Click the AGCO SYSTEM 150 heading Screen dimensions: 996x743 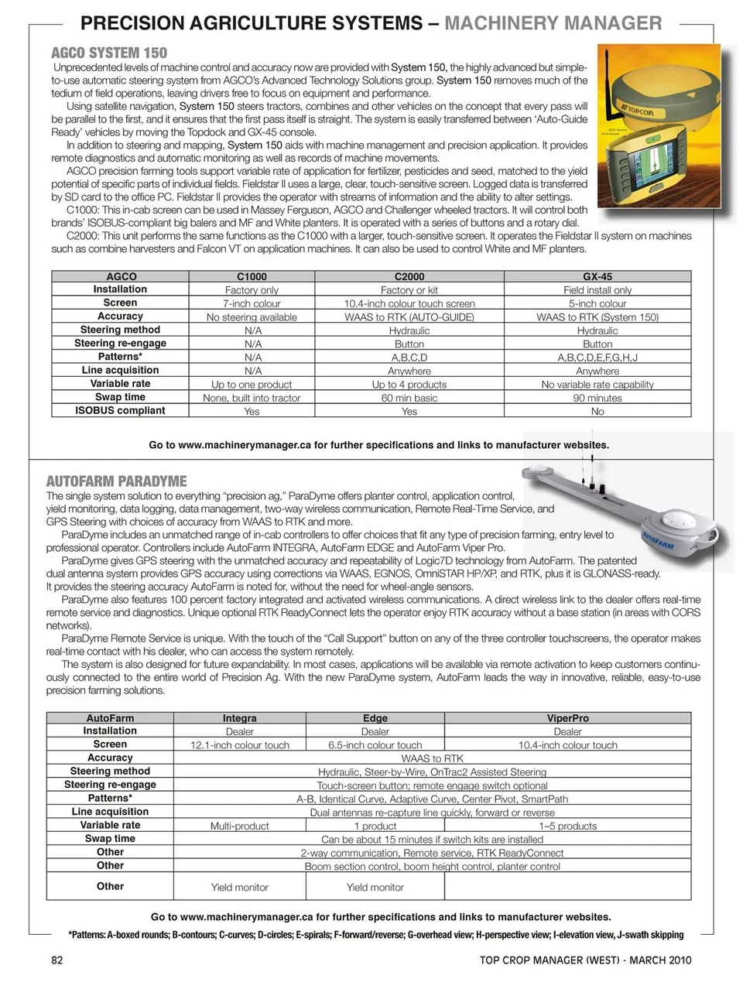tap(108, 53)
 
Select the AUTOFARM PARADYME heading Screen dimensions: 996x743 tap(116, 481)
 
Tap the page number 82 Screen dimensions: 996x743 tap(56, 960)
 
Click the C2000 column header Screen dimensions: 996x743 tap(409, 276)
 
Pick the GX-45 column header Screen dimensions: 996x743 tap(597, 276)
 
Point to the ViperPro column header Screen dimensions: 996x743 tap(567, 718)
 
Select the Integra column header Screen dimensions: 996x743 tap(239, 718)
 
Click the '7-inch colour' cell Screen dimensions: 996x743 tap(252, 303)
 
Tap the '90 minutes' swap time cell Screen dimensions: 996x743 tap(597, 398)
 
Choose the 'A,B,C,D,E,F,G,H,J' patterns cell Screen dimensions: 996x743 tap(597, 358)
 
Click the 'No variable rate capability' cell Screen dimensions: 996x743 tap(597, 385)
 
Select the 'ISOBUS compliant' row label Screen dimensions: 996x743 tap(120, 411)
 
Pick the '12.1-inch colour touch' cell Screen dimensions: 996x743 tap(239, 745)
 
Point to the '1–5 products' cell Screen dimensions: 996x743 tap(567, 826)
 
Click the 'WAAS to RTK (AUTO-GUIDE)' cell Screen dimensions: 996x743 tap(409, 317)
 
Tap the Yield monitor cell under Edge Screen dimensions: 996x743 tap(375, 888)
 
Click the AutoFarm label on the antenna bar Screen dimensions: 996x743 tap(658, 539)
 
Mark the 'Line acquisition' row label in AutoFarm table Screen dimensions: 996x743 tap(110, 812)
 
